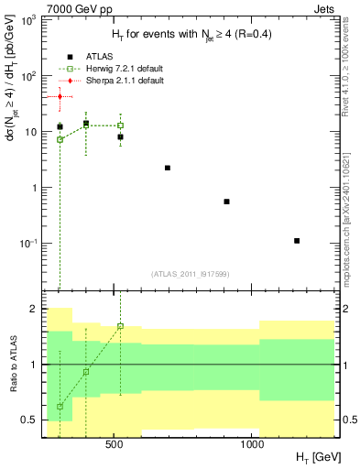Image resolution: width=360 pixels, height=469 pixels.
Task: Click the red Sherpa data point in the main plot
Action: (60, 96)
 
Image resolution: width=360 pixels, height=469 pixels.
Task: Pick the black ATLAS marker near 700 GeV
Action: (168, 168)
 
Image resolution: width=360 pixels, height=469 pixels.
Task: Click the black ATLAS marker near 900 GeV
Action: (226, 202)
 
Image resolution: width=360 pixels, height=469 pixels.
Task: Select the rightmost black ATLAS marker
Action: (297, 241)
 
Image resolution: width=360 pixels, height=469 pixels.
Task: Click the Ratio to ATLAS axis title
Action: (12, 365)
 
